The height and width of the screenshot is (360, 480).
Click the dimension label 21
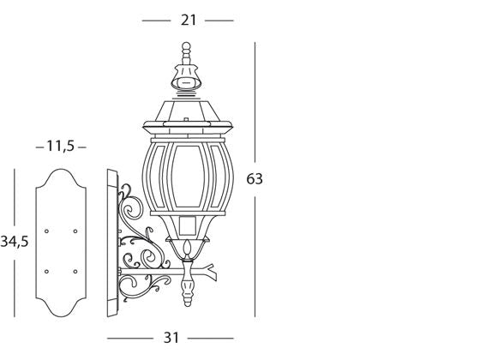pyautogui.click(x=187, y=20)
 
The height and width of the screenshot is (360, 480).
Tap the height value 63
pyautogui.click(x=254, y=179)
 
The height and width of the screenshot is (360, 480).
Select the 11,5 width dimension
pyautogui.click(x=59, y=147)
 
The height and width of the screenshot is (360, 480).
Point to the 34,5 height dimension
pyautogui.click(x=15, y=242)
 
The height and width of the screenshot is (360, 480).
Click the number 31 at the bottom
pyautogui.click(x=171, y=338)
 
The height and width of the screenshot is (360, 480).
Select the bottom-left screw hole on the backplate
pyautogui.click(x=46, y=271)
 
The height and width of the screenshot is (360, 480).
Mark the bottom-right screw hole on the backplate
pyautogui.click(x=75, y=271)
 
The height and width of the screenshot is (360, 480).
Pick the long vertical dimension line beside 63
pyautogui.click(x=254, y=103)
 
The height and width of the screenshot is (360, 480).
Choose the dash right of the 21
pyautogui.click(x=219, y=20)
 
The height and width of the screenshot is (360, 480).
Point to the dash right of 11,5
pyautogui.click(x=82, y=147)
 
